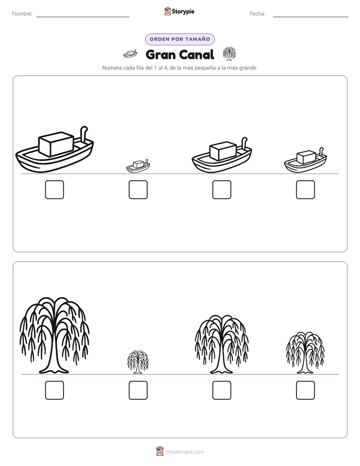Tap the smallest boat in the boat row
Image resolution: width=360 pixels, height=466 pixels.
pyautogui.click(x=138, y=166)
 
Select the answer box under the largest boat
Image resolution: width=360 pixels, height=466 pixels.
pyautogui.click(x=54, y=190)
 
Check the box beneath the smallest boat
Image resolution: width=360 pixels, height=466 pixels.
pyautogui.click(x=138, y=190)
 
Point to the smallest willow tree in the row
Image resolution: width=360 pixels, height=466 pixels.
pyautogui.click(x=138, y=362)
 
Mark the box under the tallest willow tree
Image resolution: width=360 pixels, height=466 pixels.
pyautogui.click(x=54, y=390)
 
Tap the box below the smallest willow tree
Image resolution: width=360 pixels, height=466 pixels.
pyautogui.click(x=138, y=390)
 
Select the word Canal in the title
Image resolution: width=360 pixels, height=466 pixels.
pyautogui.click(x=197, y=54)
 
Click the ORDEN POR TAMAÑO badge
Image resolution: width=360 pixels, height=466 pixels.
pyautogui.click(x=179, y=39)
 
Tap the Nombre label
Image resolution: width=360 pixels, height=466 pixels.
pyautogui.click(x=22, y=14)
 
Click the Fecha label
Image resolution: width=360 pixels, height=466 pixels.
pyautogui.click(x=257, y=14)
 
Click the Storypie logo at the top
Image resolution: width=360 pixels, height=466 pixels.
pyautogui.click(x=179, y=11)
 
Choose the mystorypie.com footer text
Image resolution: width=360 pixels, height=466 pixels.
pyautogui.click(x=185, y=452)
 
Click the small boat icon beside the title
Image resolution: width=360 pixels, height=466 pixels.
pyautogui.click(x=130, y=54)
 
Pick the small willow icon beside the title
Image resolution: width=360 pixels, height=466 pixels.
pyautogui.click(x=229, y=53)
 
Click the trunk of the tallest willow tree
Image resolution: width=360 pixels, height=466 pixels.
pyautogui.click(x=54, y=357)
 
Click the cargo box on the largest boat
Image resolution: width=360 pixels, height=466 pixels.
pyautogui.click(x=56, y=144)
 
